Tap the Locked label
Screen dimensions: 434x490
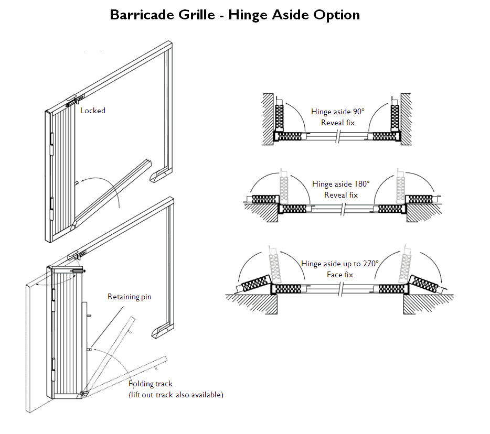coord(93,111)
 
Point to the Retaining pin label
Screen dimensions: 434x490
coord(130,297)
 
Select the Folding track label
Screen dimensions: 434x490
coord(151,384)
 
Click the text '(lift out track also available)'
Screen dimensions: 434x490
coord(176,395)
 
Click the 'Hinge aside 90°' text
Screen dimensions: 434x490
coord(337,112)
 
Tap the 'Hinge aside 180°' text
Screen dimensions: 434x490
coord(341,184)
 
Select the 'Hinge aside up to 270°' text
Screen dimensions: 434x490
coord(339,264)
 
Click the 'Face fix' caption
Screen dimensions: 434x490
coord(341,275)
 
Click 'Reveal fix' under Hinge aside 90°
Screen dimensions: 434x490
coord(338,123)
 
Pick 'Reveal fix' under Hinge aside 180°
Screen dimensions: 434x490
coord(341,195)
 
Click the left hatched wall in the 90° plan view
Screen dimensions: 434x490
coord(267,118)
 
